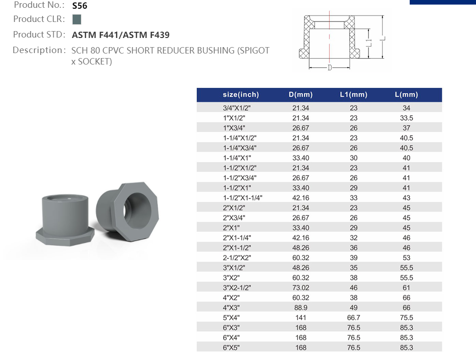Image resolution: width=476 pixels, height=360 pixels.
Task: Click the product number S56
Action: coord(80,6)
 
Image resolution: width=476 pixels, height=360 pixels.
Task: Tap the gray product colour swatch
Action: coord(77,19)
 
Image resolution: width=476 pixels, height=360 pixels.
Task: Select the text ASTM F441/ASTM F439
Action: coord(121,35)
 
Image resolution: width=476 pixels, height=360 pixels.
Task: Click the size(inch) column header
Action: coord(241,95)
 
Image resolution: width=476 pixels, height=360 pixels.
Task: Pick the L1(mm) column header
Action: coord(353,95)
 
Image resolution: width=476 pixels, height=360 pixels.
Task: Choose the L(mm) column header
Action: coord(406,95)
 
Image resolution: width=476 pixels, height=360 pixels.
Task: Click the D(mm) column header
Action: coord(300,95)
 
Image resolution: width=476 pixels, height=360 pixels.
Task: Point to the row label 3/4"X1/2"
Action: coord(237,108)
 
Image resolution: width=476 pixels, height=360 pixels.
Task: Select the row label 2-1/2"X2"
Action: coord(237,258)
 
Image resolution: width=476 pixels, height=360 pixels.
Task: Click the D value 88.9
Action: coord(300,307)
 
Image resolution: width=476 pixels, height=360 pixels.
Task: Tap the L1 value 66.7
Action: coord(353,317)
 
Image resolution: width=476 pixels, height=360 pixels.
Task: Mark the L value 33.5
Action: coord(406,118)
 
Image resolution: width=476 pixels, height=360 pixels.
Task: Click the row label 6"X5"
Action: coord(231,348)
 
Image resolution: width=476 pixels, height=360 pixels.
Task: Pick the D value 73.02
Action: coord(300,288)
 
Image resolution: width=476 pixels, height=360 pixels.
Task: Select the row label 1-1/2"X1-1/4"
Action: coord(243,198)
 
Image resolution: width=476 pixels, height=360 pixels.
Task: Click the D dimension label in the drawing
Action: coord(330,68)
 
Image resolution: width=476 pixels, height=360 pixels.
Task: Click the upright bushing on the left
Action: coord(64,220)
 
